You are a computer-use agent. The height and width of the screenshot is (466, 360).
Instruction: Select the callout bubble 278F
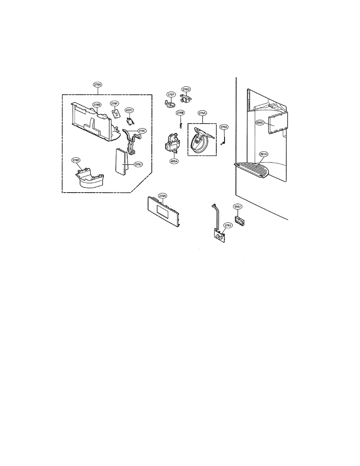pos(114,104)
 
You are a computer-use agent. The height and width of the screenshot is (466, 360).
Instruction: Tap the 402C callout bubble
pos(129,110)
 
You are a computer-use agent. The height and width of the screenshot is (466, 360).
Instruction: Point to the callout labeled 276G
pos(186,89)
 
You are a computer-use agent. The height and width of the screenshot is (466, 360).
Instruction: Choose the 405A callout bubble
pos(174,161)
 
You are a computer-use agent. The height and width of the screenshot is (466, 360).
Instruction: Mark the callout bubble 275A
pos(202,113)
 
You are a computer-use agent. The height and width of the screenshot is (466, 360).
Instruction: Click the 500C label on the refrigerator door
pos(260,122)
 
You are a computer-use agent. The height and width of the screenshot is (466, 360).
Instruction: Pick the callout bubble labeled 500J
pos(238,207)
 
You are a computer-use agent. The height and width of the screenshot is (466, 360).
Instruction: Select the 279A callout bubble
pos(162,196)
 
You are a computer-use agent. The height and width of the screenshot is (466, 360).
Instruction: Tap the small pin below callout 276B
pos(180,124)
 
